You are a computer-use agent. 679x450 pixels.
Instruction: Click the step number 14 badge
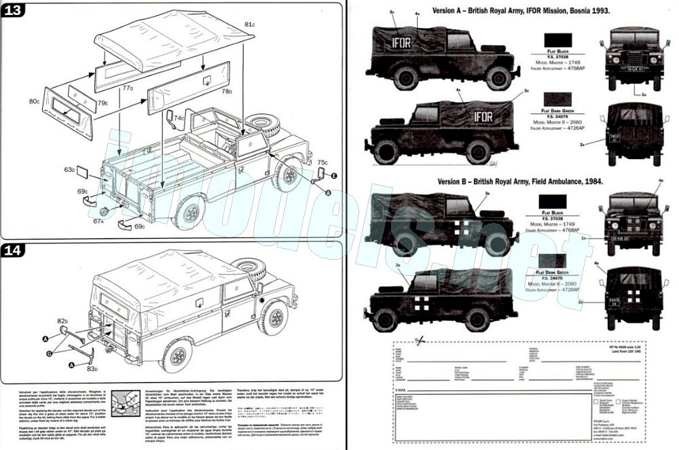15,250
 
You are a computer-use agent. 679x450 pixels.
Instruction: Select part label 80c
35,101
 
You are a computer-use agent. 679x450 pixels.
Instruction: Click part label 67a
98,221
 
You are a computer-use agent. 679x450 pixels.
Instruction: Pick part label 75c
323,162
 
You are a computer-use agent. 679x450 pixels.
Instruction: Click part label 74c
179,118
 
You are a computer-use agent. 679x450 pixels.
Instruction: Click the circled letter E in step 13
333,175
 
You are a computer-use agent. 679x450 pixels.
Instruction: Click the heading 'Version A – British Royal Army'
519,12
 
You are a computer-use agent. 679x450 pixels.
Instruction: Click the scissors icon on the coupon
420,339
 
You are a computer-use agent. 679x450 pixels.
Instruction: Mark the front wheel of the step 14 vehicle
274,317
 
